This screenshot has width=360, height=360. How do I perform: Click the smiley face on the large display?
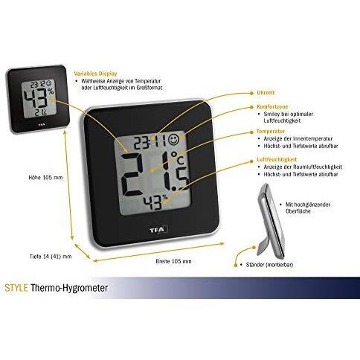(x=174, y=140)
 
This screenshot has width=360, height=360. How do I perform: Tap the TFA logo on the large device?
(x=157, y=230)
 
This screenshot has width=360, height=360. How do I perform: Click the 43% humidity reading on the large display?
(x=155, y=202)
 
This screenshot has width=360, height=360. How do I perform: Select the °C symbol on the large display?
(x=178, y=158)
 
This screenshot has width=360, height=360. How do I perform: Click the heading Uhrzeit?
(x=266, y=93)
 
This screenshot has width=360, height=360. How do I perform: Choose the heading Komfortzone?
(x=272, y=107)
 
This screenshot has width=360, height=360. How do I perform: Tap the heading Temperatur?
(x=271, y=132)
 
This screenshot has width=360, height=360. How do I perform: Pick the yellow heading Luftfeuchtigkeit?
(x=277, y=159)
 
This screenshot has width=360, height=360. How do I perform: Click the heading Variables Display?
(x=95, y=74)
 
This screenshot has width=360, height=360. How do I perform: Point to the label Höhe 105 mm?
(x=45, y=178)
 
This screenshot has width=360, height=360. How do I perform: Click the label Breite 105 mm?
(x=173, y=261)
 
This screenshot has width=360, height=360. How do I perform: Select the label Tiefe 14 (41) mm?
(x=51, y=257)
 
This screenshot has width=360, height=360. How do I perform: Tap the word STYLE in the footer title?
(x=16, y=288)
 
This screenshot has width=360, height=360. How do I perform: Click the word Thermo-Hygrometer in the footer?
(x=69, y=288)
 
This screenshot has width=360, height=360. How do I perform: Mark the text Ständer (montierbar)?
(x=269, y=265)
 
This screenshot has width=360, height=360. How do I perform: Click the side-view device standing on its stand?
(x=271, y=220)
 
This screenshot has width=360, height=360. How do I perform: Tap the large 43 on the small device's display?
(x=36, y=98)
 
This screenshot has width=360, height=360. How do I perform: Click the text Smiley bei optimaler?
(x=289, y=114)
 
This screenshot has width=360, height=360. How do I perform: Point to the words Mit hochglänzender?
(x=308, y=205)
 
